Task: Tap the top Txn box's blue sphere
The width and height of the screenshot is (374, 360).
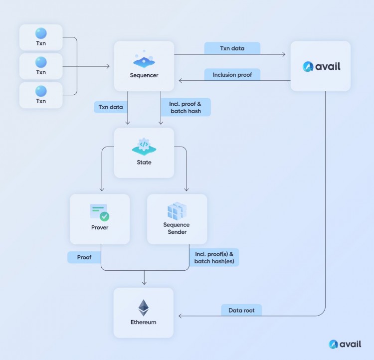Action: click(41, 33)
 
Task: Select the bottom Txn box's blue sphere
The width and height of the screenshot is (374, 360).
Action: click(41, 91)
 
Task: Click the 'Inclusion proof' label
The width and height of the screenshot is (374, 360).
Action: click(232, 75)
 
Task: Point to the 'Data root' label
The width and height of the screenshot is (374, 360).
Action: click(241, 310)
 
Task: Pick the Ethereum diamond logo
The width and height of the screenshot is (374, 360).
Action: click(144, 308)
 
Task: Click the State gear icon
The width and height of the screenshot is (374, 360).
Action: click(144, 145)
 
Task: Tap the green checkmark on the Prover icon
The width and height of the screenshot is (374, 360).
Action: click(104, 216)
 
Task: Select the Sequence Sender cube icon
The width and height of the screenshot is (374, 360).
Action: click(177, 211)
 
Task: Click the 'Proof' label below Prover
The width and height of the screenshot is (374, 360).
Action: click(84, 258)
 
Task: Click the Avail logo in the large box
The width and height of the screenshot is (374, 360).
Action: click(321, 66)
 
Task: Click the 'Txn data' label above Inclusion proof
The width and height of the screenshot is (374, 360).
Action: click(232, 48)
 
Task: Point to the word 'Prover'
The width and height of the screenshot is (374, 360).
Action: click(100, 227)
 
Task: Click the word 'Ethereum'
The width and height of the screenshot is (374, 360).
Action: click(144, 322)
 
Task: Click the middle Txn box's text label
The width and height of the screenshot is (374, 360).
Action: click(41, 72)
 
